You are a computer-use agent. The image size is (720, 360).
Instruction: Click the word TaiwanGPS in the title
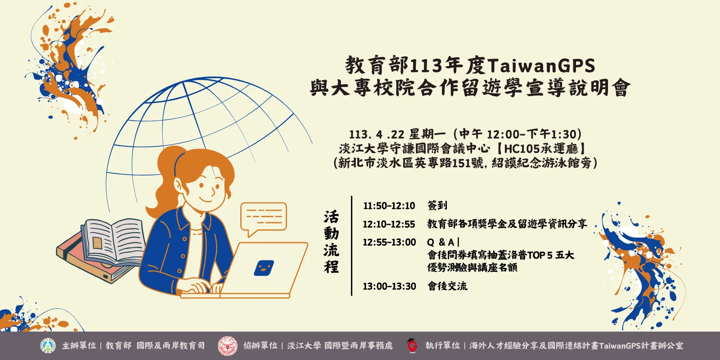point(541,66)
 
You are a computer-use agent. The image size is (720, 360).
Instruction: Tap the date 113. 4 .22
point(377,135)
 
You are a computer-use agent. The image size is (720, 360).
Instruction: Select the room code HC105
point(522,148)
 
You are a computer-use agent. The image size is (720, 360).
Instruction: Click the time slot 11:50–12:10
point(389,206)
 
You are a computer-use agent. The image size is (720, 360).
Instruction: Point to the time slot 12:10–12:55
point(389,224)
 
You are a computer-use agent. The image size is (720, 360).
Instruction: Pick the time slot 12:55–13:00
point(389,243)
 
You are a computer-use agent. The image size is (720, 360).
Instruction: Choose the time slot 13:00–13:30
point(389,286)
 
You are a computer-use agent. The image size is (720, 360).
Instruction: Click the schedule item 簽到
point(437,206)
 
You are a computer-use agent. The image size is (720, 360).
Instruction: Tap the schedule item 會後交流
point(447,286)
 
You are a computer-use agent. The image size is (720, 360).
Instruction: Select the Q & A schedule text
point(441,243)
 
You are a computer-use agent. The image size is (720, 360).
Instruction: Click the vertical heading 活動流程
point(331,242)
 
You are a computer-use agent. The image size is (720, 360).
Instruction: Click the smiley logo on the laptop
point(264,268)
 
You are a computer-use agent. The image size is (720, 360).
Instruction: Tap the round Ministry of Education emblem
point(48,346)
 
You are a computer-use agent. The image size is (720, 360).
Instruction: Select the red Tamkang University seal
point(227,346)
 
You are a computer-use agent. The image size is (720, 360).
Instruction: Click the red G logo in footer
point(412,346)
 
